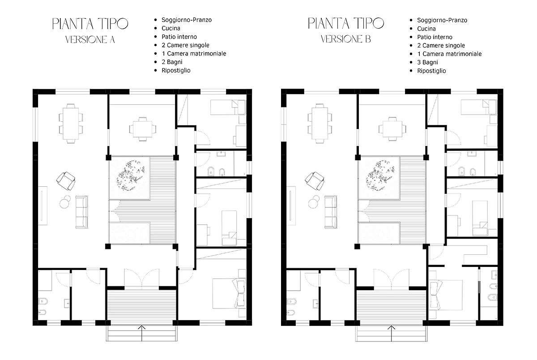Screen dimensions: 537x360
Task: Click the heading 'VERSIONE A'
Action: [90, 39]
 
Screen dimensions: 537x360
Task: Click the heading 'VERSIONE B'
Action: [345, 39]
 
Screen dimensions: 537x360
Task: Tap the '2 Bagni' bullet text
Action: [172, 62]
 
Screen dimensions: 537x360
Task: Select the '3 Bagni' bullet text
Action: [427, 62]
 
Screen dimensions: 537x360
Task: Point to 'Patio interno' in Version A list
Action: [179, 37]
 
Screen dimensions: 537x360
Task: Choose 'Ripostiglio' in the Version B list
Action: [431, 71]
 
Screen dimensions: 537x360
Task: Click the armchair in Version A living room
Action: [66, 181]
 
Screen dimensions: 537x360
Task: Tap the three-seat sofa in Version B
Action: [331, 212]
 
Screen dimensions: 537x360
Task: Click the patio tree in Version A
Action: [131, 176]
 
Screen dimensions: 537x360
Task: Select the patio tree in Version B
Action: [380, 176]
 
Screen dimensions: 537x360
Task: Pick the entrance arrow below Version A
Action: [142, 333]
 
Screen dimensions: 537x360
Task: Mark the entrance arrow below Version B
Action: [392, 333]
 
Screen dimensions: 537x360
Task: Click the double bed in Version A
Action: [229, 293]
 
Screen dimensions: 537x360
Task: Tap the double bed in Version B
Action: [446, 295]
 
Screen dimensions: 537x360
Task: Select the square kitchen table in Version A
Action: [143, 129]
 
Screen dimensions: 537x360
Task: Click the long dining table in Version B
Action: [320, 124]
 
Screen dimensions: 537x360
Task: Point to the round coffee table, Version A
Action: [64, 203]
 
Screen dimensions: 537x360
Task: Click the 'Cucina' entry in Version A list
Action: [170, 28]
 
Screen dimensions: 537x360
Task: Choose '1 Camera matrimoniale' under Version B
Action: [449, 54]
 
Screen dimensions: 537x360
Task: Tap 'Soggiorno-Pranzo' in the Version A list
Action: [187, 20]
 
